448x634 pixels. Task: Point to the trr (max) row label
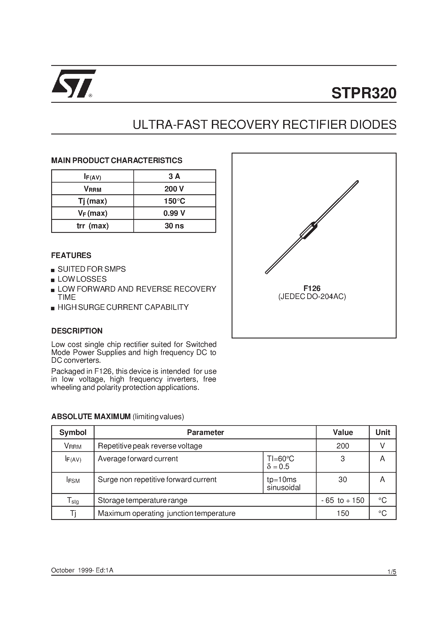tap(93, 226)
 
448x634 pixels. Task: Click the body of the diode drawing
tap(309, 230)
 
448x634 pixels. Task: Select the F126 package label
tap(312, 288)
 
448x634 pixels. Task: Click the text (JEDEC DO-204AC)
tap(312, 297)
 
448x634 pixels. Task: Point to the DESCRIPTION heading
tap(77, 331)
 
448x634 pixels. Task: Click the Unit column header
tap(383, 432)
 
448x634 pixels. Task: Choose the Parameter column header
tap(205, 432)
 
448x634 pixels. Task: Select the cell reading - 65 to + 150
tap(342, 500)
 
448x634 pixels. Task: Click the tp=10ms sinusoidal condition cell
tap(284, 483)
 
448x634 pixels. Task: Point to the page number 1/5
tap(392, 572)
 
